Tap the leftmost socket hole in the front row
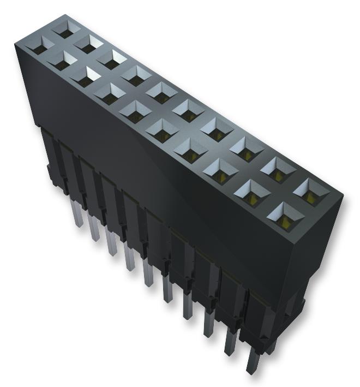click(x=40, y=49)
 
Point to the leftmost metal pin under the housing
click(x=77, y=215)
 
